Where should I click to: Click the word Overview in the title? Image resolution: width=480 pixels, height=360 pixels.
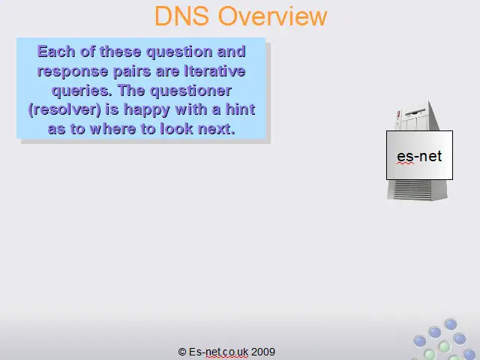point(272,16)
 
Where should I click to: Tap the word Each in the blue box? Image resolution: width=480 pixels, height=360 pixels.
point(56,52)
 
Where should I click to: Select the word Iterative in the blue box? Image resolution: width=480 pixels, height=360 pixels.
point(214,71)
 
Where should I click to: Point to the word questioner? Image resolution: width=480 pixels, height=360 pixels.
point(190,91)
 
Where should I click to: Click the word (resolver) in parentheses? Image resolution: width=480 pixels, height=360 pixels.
point(64,109)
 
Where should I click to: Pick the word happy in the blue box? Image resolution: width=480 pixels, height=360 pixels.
point(147,109)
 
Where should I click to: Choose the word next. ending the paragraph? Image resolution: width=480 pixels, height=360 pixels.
point(217,129)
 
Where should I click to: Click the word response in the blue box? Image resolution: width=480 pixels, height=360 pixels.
point(73,72)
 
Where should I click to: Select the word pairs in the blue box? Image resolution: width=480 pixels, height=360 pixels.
point(132,72)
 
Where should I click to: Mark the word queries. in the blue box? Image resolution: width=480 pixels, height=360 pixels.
point(82,91)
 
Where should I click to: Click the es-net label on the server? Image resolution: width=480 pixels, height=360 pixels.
point(419,156)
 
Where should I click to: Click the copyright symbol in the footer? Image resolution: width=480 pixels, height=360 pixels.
point(182,352)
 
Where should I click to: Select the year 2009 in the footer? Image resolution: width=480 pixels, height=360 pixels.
point(263,352)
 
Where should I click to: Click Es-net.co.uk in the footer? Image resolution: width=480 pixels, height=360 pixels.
point(218,352)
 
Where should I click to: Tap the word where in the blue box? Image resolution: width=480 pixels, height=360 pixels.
point(113,129)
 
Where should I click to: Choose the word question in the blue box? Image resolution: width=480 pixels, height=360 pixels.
point(179,52)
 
